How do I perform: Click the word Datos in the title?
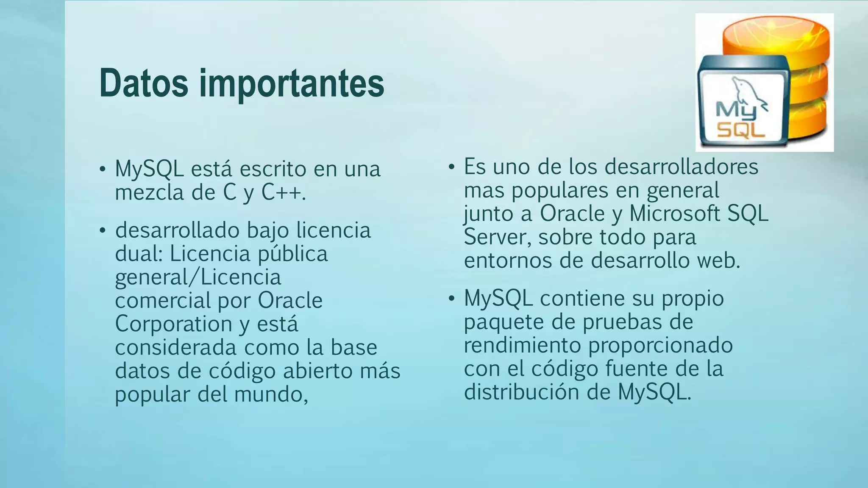pyautogui.click(x=144, y=83)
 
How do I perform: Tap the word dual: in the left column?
pyautogui.click(x=139, y=254)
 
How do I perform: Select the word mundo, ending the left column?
pyautogui.click(x=271, y=394)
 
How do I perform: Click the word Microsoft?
pyautogui.click(x=675, y=213)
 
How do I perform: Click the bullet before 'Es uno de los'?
pyautogui.click(x=451, y=167)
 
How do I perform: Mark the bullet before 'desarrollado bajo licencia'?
pyautogui.click(x=102, y=231)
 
